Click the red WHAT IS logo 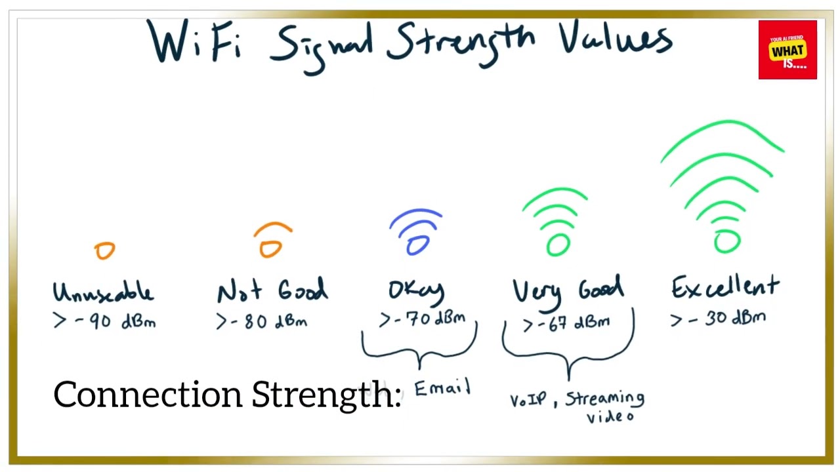[787, 50]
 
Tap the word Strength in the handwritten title [459, 41]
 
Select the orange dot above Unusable [104, 250]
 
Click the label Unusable [103, 292]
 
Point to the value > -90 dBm [105, 322]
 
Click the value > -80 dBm [262, 322]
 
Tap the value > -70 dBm [423, 319]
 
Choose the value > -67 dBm [567, 323]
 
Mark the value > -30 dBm [718, 319]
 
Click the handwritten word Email [442, 388]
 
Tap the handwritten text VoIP [528, 400]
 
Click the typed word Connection [148, 395]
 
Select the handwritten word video [610, 416]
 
